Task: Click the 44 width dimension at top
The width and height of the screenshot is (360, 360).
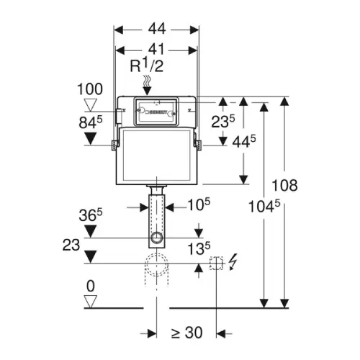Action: tap(157, 29)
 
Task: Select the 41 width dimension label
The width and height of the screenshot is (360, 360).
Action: tap(156, 49)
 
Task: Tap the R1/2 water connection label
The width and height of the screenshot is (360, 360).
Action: tap(147, 65)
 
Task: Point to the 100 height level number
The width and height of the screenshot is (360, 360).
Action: tap(90, 89)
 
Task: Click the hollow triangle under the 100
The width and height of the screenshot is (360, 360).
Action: tap(90, 105)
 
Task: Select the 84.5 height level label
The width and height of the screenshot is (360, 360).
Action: tap(91, 122)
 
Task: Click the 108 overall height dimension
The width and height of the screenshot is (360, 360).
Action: tap(284, 185)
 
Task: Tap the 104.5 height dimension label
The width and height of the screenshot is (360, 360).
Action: tap(264, 206)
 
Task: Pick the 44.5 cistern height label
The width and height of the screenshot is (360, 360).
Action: tap(244, 141)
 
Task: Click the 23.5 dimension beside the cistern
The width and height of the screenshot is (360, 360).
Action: tap(223, 121)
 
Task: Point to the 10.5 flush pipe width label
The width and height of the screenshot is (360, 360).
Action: tap(199, 204)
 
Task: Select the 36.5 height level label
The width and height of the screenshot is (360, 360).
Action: tap(91, 215)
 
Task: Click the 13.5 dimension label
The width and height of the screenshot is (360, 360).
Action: tap(199, 248)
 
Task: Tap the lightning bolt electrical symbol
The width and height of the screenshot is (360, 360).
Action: tap(233, 262)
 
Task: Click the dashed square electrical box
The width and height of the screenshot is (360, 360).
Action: tap(216, 263)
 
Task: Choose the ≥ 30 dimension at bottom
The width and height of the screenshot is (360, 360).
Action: tap(187, 333)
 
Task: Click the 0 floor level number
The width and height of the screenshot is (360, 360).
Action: tap(91, 286)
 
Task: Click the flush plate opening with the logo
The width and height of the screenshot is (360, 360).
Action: tap(156, 111)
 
